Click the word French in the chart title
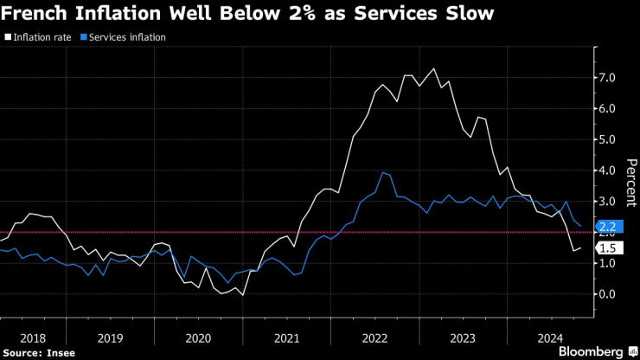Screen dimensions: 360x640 (x=40, y=15)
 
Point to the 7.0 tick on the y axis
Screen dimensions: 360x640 (x=606, y=78)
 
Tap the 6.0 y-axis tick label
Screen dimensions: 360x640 (x=606, y=109)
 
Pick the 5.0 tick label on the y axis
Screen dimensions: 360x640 (x=606, y=139)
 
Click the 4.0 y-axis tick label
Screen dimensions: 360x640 (x=606, y=170)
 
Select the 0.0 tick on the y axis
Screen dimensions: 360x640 (x=606, y=294)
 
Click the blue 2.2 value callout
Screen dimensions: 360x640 (x=606, y=228)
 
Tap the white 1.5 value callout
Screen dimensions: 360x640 (x=606, y=248)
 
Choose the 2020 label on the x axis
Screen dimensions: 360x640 (x=199, y=337)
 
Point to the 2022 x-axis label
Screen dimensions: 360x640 (x=374, y=337)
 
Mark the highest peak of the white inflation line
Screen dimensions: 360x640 (x=433, y=68)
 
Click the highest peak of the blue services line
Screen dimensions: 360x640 (x=382, y=172)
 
